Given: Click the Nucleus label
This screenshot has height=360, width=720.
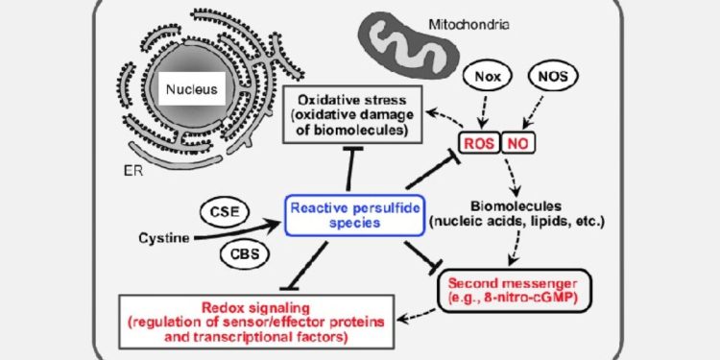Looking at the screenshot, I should (191, 91).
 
